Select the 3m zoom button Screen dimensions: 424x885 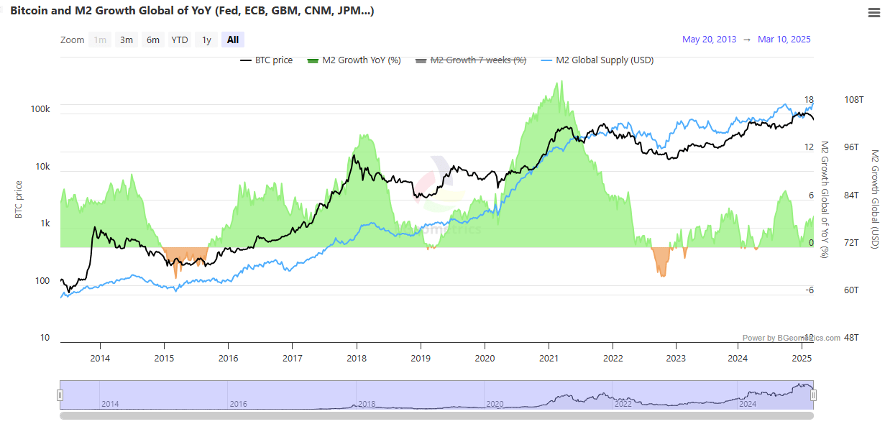(x=127, y=40)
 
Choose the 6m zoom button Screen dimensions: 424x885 (x=153, y=40)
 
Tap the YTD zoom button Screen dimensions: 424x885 (x=180, y=40)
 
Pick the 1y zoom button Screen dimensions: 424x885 (x=206, y=40)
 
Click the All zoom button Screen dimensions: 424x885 (x=233, y=40)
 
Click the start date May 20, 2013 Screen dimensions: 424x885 (x=709, y=40)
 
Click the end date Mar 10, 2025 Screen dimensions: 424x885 (x=784, y=40)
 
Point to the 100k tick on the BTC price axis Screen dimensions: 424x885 (x=40, y=109)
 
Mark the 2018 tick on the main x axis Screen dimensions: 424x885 (x=357, y=358)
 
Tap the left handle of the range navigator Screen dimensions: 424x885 (x=60, y=395)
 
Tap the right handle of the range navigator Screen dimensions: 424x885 (x=814, y=395)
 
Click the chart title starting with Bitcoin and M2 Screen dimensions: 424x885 (x=191, y=11)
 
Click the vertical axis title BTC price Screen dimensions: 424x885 (x=19, y=199)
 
